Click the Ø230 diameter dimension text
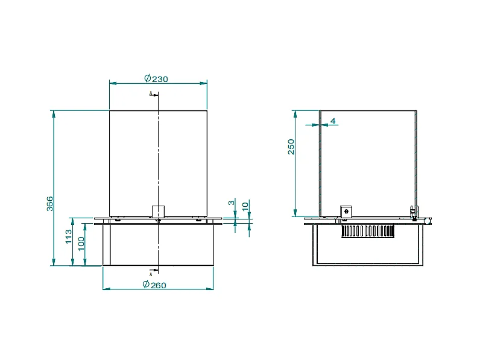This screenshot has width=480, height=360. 157,78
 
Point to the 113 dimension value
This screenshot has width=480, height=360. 69,236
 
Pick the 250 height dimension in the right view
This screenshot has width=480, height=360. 291,147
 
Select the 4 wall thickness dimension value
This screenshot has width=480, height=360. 333,121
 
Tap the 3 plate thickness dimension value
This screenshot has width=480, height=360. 231,203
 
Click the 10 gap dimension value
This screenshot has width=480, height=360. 245,205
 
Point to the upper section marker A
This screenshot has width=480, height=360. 151,93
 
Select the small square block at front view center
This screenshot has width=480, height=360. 158,211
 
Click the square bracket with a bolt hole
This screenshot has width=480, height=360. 346,211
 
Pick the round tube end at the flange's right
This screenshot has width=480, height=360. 427,221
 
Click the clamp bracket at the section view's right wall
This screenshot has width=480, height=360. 414,212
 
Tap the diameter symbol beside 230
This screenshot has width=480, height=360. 147,78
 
